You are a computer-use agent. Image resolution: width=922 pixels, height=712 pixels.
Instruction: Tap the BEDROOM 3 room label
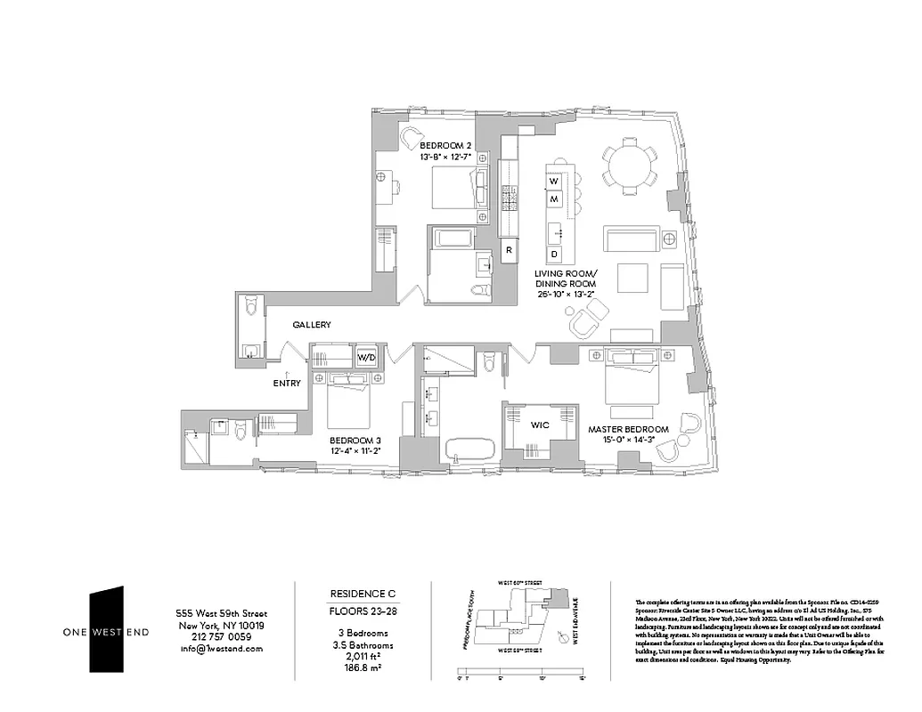point(355,440)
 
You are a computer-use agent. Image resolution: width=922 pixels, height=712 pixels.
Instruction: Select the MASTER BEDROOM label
point(623,430)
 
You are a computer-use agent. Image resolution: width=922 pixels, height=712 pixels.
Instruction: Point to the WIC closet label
point(539,425)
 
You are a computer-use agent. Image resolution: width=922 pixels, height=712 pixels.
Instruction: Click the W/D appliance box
point(366,358)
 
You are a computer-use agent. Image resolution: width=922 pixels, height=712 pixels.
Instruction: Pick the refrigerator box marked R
point(508,250)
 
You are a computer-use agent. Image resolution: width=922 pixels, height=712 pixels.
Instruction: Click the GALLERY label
point(312,325)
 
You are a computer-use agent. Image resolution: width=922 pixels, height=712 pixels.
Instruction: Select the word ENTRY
point(287,384)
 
